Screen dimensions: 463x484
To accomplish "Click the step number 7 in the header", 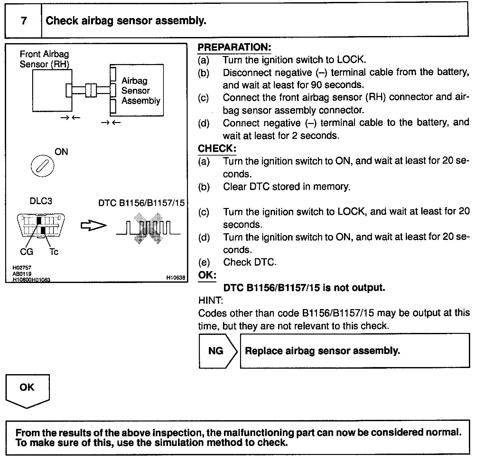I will click(24, 21).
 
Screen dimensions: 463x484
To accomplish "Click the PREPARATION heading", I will click(234, 47).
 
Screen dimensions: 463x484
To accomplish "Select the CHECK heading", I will click(217, 148).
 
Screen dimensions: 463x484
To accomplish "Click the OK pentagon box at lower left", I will click(27, 390).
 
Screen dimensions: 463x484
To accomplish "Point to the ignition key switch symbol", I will click(42, 166).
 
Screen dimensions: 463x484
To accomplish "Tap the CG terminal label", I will click(26, 251).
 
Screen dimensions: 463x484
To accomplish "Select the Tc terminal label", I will click(54, 251).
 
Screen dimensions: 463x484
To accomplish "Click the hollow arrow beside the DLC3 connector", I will click(93, 226).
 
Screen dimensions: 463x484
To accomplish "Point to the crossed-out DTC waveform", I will click(148, 228).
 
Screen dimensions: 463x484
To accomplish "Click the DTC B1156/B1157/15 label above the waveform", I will click(141, 203).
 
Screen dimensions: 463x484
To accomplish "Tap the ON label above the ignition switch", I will click(61, 152).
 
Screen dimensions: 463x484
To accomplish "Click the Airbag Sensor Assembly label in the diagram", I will click(140, 90).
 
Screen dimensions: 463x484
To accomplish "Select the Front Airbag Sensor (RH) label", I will click(44, 59).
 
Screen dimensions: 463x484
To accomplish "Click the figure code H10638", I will click(176, 278).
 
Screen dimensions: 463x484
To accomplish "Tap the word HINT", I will click(210, 300).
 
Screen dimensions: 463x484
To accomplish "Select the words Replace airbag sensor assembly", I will click(322, 351).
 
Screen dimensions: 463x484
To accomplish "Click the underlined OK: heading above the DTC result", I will click(207, 275).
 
